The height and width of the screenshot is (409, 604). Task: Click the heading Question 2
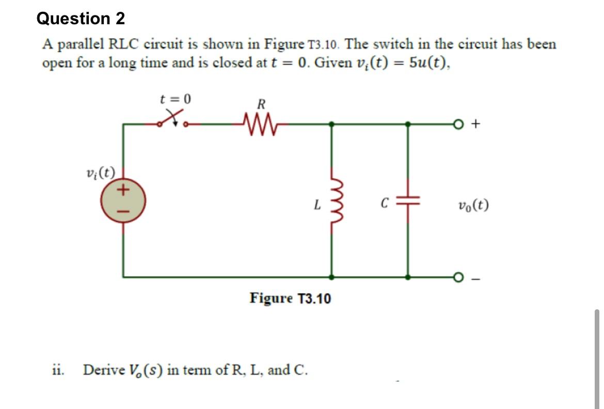pos(81,19)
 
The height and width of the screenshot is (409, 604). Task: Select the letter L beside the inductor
pos(317,206)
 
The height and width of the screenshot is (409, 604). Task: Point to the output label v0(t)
pos(473,206)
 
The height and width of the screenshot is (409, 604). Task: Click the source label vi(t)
pos(101,172)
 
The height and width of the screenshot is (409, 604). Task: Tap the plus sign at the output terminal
pos(476,124)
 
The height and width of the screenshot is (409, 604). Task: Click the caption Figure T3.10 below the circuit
pos(290,298)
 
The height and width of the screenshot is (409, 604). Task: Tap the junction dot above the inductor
pos(331,124)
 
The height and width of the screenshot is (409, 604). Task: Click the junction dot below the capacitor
pos(408,277)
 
